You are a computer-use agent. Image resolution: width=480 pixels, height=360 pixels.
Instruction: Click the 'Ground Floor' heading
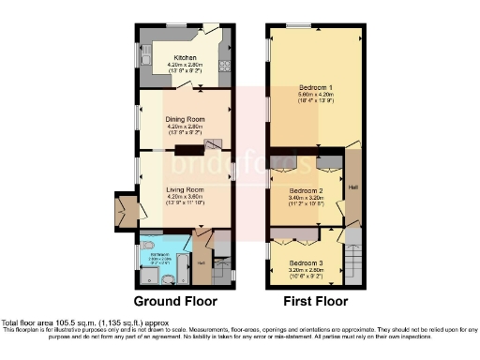pyautogui.click(x=174, y=302)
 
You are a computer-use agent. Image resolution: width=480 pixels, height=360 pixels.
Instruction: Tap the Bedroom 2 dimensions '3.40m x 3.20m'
pyautogui.click(x=306, y=197)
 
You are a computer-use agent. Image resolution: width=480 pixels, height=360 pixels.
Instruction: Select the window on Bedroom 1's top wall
pyautogui.click(x=299, y=23)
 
